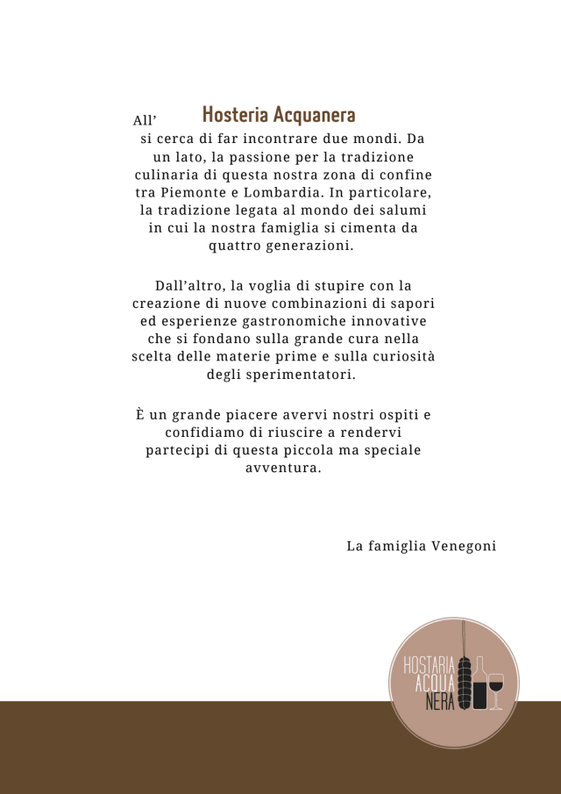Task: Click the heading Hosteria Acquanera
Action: tap(279, 115)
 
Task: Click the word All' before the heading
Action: tap(144, 120)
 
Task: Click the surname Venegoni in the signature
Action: tap(464, 546)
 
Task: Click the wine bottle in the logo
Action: tap(479, 684)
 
